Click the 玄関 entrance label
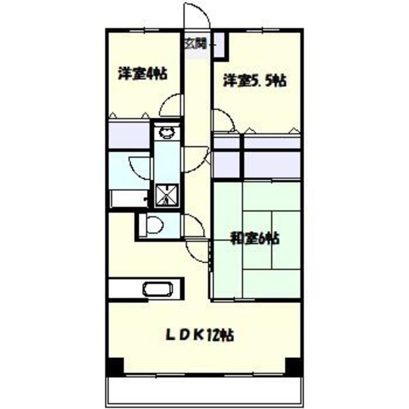[196, 44]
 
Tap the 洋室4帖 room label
[143, 73]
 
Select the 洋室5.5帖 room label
[255, 81]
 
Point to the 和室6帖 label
[254, 238]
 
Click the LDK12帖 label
[200, 335]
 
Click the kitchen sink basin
[158, 289]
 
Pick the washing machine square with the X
[167, 195]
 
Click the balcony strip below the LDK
[204, 390]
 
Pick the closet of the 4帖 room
[129, 135]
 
